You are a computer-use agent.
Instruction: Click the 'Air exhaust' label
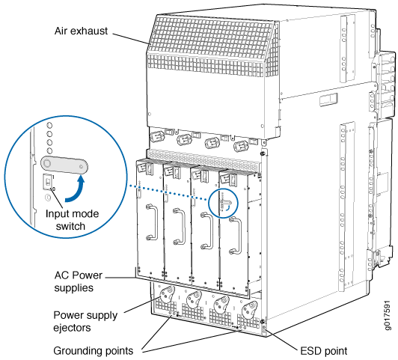pyautogui.click(x=81, y=31)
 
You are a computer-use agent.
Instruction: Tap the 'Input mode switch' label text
pyautogui.click(x=72, y=220)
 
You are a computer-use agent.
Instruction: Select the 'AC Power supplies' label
pyautogui.click(x=78, y=281)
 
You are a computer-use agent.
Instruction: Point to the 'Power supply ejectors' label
pyautogui.click(x=85, y=321)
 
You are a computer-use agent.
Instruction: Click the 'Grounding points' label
pyautogui.click(x=94, y=351)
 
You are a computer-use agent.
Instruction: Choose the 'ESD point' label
pyautogui.click(x=324, y=351)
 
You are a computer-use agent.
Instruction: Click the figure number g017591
pyautogui.click(x=387, y=315)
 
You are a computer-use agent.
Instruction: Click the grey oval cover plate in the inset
pyautogui.click(x=64, y=165)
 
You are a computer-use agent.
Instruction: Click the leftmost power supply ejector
pyautogui.click(x=167, y=294)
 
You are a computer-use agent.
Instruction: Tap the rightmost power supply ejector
pyautogui.click(x=250, y=310)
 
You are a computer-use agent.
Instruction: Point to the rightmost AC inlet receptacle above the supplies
pyautogui.click(x=240, y=146)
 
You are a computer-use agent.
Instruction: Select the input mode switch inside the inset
pyautogui.click(x=48, y=181)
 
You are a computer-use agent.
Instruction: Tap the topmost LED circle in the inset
pyautogui.click(x=49, y=126)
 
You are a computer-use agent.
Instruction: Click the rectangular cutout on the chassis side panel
pyautogui.click(x=328, y=100)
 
